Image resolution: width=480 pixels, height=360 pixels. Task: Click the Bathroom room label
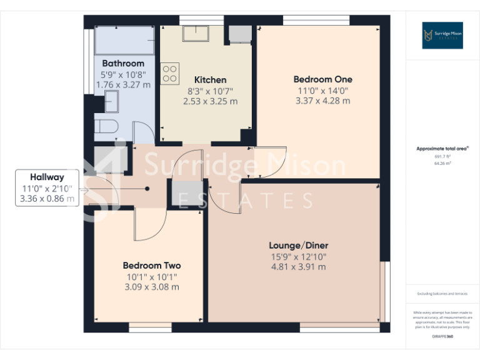click(x=122, y=63)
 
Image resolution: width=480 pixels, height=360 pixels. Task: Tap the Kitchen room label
click(x=210, y=80)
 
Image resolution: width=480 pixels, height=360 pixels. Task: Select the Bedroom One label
click(x=322, y=79)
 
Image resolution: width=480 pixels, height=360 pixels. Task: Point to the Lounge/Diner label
click(x=298, y=245)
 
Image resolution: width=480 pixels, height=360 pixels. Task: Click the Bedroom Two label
click(x=151, y=265)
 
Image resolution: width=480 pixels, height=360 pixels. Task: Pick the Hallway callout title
click(x=47, y=177)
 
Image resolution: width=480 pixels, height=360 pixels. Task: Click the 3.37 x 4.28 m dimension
click(x=322, y=101)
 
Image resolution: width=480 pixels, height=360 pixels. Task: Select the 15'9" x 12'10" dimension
click(x=298, y=256)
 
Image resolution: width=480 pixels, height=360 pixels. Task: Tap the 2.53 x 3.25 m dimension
click(x=210, y=101)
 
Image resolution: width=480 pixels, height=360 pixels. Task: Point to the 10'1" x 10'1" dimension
click(x=151, y=276)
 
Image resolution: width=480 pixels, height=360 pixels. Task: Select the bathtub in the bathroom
click(x=124, y=41)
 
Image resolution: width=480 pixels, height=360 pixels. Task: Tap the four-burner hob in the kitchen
click(x=170, y=74)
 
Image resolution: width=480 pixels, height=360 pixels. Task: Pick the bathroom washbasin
click(x=111, y=100)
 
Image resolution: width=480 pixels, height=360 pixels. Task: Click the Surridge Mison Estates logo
click(x=442, y=35)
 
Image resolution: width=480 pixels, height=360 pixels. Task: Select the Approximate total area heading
click(x=442, y=149)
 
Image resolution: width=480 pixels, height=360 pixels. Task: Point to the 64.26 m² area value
click(x=442, y=162)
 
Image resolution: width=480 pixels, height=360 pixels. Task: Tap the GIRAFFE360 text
click(x=442, y=336)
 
